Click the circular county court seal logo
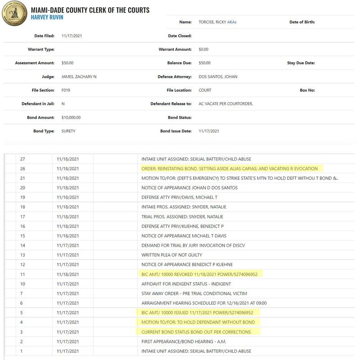15,15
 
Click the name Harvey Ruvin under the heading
47,18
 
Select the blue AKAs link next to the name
233,22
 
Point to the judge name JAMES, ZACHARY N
79,76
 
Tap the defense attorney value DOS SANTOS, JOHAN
218,76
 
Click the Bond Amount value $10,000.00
71,117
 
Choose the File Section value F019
66,90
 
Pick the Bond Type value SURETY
68,131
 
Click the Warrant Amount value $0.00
203,49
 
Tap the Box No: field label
307,90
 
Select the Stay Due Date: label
301,63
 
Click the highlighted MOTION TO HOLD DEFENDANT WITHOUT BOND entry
198,322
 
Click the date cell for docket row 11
68,274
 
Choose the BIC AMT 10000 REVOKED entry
199,274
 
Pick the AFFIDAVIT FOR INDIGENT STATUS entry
186,284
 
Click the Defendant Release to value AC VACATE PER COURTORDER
226,103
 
